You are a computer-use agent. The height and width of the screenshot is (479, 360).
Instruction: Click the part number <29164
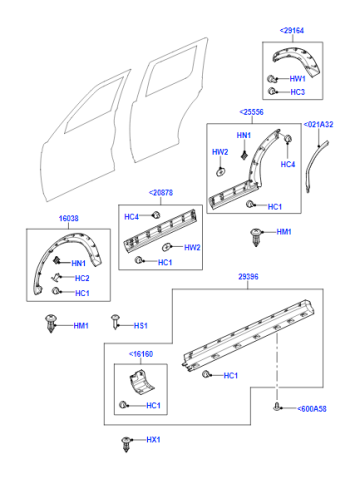point(292,31)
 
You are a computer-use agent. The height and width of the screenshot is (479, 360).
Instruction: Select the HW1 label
point(297,79)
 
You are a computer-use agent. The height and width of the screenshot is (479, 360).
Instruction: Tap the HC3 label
point(297,92)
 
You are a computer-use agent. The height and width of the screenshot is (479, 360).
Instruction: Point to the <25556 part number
point(251,112)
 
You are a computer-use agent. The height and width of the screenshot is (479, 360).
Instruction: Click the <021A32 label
point(318,124)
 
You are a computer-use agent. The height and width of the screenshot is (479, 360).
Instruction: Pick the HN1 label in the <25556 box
point(244,135)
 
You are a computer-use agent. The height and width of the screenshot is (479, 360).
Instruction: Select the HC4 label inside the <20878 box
point(131,217)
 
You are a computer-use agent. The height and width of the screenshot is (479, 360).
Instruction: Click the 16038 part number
point(68,218)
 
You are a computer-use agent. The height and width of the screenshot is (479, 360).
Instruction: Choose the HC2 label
point(82,278)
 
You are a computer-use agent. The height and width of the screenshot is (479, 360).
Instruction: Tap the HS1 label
point(141,326)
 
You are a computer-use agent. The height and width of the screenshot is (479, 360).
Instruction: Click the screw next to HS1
point(115,321)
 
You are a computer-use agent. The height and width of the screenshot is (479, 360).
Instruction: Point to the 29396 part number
point(248,277)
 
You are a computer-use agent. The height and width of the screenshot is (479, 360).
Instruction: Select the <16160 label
point(141,354)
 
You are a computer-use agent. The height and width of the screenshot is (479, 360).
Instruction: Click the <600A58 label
point(312,409)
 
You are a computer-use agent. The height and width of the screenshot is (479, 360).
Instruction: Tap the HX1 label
point(153,440)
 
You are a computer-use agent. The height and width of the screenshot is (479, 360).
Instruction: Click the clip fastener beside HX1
point(126,444)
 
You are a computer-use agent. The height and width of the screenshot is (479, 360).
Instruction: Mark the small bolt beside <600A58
point(276,407)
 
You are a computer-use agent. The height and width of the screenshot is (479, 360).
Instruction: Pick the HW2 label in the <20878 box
point(192,247)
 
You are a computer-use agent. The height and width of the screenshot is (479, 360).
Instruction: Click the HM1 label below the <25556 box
point(284,232)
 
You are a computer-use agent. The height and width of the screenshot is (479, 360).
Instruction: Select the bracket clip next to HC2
point(56,277)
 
